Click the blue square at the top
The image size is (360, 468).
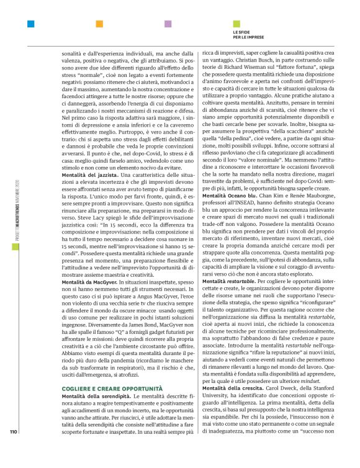point(30,24)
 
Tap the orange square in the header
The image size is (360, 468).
point(99,24)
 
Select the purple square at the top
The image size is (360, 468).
point(167,24)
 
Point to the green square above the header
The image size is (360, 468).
point(236,24)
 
